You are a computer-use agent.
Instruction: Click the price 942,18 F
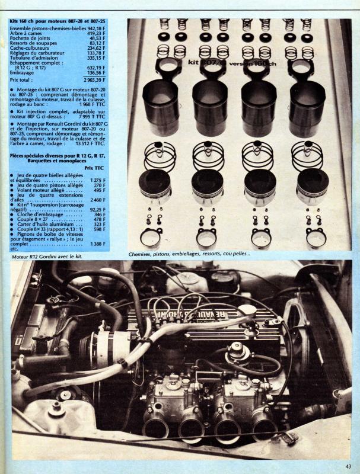point(96,28)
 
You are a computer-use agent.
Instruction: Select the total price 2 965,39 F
point(95,80)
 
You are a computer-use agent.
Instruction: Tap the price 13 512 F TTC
point(91,143)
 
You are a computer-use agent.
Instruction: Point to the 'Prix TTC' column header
point(94,168)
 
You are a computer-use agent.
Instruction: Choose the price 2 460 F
point(98,200)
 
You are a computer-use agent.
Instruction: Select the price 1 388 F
point(98,244)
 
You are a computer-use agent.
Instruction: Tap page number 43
point(349,466)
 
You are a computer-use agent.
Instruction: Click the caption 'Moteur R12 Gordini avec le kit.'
point(47,257)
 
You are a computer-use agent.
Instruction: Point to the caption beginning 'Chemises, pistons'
point(189,254)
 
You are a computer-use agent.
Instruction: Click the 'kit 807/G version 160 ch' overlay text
point(232,63)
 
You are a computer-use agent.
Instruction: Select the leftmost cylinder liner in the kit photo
point(160,107)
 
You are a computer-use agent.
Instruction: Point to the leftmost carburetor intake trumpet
point(155,427)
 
